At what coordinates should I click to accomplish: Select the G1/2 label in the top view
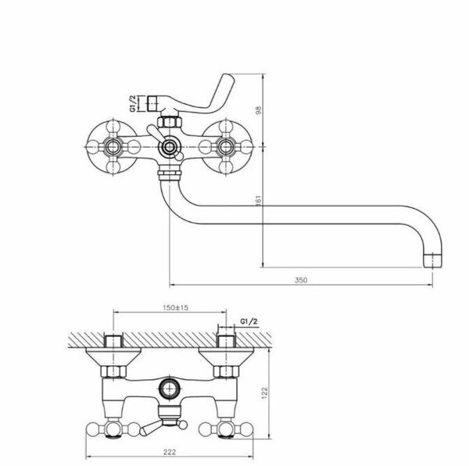pos(249,321)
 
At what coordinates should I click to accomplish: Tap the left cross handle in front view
pos(111,146)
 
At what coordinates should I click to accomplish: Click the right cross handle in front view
pos(227,146)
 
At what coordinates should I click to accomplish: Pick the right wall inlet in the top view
pos(227,342)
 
